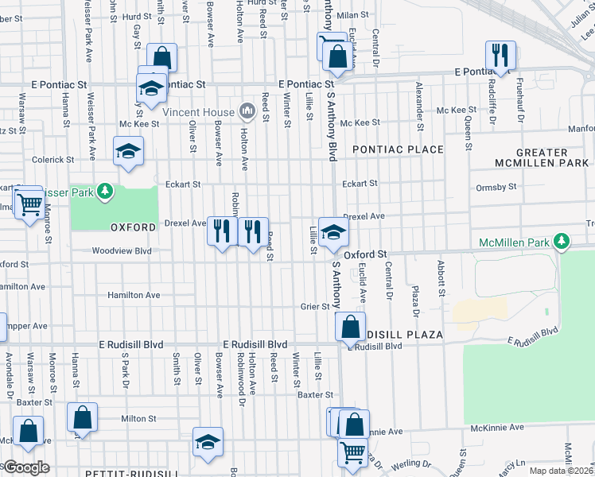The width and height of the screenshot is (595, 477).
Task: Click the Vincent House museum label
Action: pos(199,112)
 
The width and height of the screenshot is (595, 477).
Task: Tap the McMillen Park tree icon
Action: pos(562,241)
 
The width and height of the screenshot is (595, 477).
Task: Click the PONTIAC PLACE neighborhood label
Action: pos(398,149)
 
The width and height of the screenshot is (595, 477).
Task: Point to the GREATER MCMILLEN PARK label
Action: pos(541,157)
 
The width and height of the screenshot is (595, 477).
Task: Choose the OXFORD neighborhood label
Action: pos(133,227)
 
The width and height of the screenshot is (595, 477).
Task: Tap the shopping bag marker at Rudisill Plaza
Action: pos(350,326)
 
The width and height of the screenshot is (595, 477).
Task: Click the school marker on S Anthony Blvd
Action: pos(334,231)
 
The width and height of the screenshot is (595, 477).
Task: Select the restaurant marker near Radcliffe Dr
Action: pos(500,55)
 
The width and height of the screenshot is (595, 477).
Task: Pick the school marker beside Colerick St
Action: pos(127,151)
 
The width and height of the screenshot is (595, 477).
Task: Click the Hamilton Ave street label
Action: pos(134,295)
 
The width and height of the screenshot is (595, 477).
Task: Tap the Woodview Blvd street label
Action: pos(122,251)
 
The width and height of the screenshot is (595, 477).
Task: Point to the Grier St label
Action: pos(315,306)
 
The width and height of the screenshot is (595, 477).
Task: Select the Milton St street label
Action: pos(138,418)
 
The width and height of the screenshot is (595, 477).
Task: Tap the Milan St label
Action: pos(353,15)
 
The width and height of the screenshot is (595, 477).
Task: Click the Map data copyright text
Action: pos(561,471)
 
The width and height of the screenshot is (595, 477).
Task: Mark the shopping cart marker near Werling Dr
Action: pos(352,452)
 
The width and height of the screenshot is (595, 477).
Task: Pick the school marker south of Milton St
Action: pos(208,441)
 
